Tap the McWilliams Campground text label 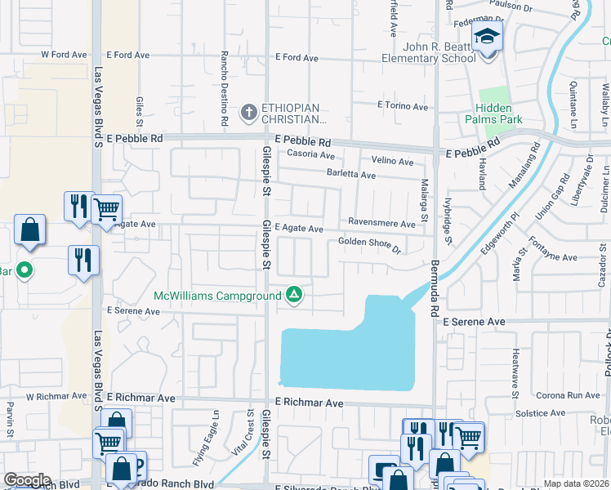pyautogui.click(x=216, y=295)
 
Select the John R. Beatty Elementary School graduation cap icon pyautogui.click(x=488, y=38)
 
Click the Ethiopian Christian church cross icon pyautogui.click(x=248, y=110)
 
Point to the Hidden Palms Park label pyautogui.click(x=506, y=114)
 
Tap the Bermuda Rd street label pyautogui.click(x=435, y=282)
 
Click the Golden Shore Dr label pyautogui.click(x=370, y=244)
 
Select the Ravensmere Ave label pyautogui.click(x=381, y=221)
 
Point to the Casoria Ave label pyautogui.click(x=305, y=155)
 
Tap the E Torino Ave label pyautogui.click(x=402, y=106)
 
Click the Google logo pyautogui.click(x=26, y=480)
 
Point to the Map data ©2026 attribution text pyautogui.click(x=575, y=483)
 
